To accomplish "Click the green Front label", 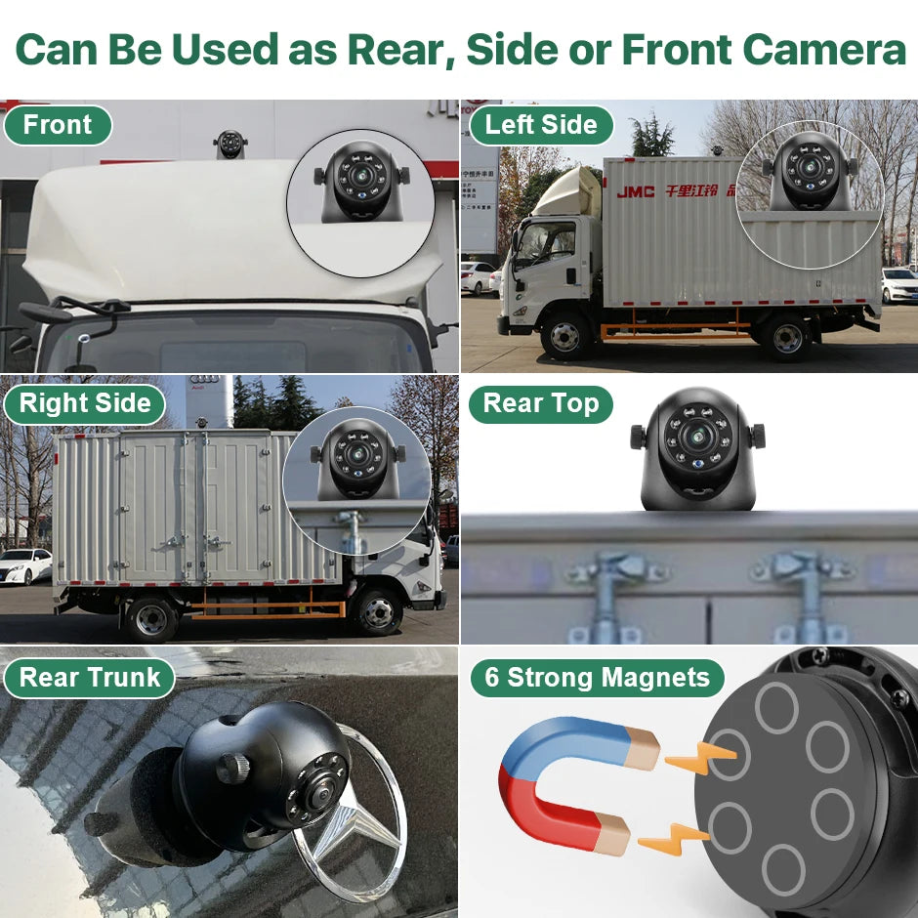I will click(x=57, y=125).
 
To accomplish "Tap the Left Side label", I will click(x=540, y=125).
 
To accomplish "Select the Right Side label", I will click(x=85, y=403).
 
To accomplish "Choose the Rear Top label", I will click(x=540, y=403).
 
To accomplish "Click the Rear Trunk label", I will click(x=89, y=678).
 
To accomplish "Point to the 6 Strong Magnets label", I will click(x=597, y=678).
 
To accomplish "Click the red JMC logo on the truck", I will click(x=636, y=191).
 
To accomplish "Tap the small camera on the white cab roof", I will click(x=230, y=144).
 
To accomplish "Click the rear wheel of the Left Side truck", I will click(x=786, y=338).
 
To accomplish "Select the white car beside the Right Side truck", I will click(x=24, y=565).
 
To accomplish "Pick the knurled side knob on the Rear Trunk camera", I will click(x=231, y=768).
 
